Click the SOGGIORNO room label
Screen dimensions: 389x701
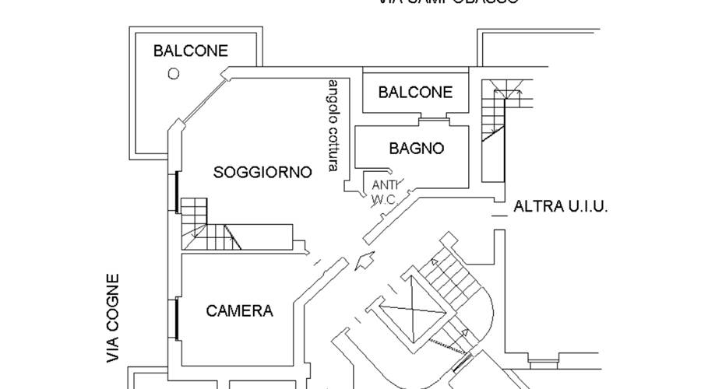point(262,172)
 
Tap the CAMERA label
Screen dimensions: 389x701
point(240,311)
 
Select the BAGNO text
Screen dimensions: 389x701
point(417,148)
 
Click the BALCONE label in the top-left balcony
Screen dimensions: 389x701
point(191,51)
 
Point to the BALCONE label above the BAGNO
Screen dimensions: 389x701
point(415,92)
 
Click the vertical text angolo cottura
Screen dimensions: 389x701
point(333,124)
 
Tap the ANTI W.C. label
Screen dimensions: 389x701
point(385,192)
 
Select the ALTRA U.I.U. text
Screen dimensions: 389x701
point(560,207)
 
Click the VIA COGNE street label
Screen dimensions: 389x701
point(114,319)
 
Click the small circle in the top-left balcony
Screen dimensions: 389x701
point(174,73)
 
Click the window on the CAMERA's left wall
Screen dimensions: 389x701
point(178,318)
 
